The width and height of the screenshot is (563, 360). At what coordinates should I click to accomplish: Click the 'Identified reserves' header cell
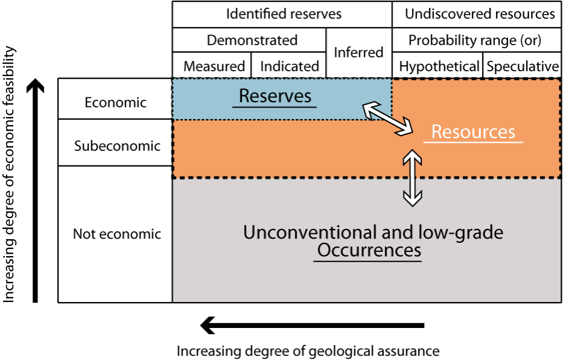283,14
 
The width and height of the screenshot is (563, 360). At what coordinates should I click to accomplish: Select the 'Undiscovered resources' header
480,14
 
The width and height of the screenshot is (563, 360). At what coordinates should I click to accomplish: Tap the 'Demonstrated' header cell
252,40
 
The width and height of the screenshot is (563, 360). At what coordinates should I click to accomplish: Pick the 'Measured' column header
214,66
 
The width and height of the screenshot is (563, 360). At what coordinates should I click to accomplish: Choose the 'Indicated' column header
289,66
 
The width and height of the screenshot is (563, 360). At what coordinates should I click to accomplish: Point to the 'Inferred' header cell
358,53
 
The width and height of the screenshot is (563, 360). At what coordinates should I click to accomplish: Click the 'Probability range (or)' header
475,40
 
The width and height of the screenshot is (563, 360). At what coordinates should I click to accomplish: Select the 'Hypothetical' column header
439,66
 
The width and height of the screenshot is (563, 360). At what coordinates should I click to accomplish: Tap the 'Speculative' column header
523,66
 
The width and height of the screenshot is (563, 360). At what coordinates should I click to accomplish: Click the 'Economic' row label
115,102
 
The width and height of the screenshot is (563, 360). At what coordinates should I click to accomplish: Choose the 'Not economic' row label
117,234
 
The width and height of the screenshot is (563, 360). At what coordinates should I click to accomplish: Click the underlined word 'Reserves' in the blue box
275,96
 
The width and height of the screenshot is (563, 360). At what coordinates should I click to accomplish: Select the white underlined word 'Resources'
473,132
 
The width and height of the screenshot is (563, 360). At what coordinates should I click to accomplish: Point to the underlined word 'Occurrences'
368,250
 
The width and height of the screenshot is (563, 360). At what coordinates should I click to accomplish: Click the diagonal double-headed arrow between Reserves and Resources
387,118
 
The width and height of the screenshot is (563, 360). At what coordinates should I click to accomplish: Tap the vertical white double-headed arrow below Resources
412,178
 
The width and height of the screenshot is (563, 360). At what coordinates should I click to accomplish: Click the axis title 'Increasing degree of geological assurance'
307,351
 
